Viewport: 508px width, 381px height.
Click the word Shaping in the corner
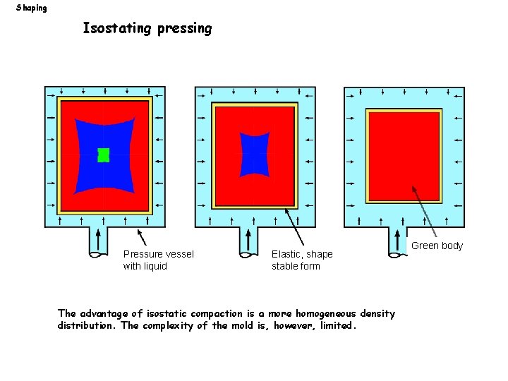(x=32, y=8)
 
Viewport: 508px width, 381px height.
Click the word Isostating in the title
(x=117, y=29)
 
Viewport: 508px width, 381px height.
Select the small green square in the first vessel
(x=104, y=155)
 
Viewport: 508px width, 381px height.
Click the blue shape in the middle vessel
(x=255, y=154)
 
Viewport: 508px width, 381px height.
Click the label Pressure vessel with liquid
(x=158, y=260)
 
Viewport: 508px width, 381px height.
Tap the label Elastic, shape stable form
(x=302, y=260)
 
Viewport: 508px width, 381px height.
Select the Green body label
(x=437, y=246)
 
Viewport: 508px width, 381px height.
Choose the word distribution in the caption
(x=88, y=326)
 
